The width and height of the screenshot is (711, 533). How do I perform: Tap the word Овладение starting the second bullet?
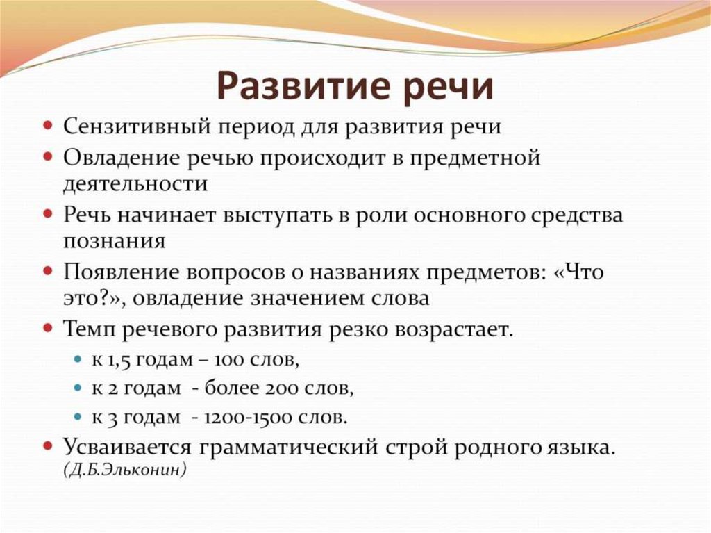(x=119, y=158)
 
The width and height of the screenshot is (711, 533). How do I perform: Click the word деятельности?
(x=135, y=184)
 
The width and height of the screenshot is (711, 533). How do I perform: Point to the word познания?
(x=114, y=241)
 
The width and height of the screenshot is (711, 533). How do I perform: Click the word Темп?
(x=87, y=329)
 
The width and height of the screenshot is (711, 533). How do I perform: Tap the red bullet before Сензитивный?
(x=49, y=127)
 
